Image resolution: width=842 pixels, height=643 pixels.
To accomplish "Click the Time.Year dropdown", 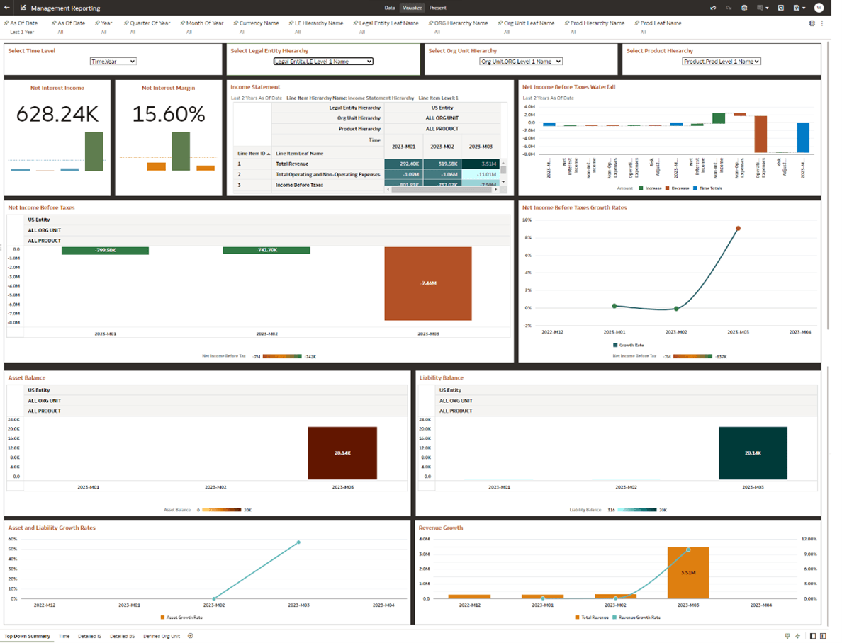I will click(x=113, y=62).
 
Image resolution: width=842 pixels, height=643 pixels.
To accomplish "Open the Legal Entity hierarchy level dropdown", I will click(x=322, y=62).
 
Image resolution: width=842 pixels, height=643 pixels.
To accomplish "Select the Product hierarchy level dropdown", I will click(x=721, y=62).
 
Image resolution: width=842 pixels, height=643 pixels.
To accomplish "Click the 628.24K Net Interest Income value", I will click(x=57, y=114).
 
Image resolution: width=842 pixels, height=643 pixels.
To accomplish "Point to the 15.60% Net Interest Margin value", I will click(x=168, y=114).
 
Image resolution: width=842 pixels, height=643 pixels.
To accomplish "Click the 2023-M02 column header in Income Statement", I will click(x=442, y=147).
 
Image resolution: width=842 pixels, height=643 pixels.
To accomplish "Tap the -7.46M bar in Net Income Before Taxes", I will click(x=427, y=283).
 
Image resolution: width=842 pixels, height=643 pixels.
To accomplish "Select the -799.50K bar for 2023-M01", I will click(x=105, y=251).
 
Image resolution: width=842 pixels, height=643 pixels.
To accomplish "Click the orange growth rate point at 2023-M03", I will click(x=738, y=228).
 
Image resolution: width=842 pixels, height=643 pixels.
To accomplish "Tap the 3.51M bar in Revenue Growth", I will click(x=687, y=572).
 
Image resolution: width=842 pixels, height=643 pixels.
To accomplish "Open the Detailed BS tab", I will click(x=122, y=636).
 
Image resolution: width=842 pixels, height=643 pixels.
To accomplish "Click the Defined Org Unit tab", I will click(x=162, y=636).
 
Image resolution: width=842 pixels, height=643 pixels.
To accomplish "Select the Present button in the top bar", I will click(x=437, y=8).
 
